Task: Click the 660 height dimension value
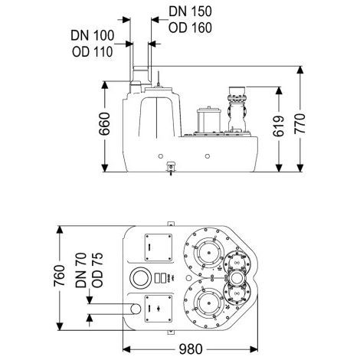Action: click(105, 123)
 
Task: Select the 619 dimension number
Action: click(279, 126)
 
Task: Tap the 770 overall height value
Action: click(300, 124)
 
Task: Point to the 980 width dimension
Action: click(191, 349)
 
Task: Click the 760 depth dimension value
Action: click(60, 276)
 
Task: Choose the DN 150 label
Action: click(190, 11)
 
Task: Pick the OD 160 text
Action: click(190, 28)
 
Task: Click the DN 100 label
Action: click(93, 35)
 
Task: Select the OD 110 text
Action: click(93, 52)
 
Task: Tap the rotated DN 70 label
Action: click(81, 270)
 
